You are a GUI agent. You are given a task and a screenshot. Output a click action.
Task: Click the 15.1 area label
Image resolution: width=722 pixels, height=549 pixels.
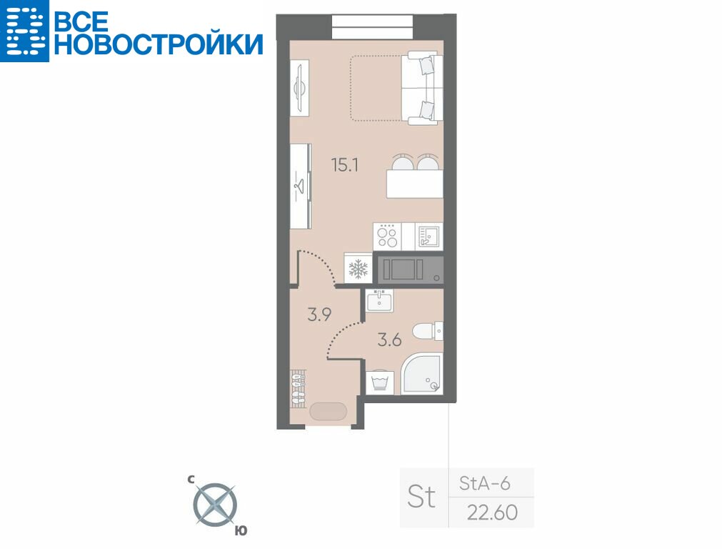tap(345, 164)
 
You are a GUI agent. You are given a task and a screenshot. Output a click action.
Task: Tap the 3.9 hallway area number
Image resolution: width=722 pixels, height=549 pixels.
tap(319, 315)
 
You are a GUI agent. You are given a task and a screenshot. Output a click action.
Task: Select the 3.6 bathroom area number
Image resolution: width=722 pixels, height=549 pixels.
tap(389, 340)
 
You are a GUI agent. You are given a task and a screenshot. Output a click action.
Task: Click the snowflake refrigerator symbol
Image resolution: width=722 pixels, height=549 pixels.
tap(359, 268)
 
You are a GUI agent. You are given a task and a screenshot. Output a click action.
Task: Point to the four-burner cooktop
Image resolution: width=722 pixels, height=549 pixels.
tap(387, 237)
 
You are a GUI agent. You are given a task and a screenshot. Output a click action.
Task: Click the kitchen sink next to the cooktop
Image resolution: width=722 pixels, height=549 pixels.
tap(428, 237)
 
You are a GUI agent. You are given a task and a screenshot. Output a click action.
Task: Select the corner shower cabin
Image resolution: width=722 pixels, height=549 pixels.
tap(422, 374)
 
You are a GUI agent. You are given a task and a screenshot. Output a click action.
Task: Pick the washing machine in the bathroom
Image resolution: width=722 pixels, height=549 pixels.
tap(380, 382)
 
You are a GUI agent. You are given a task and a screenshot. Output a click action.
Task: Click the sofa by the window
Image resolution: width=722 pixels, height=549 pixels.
tap(422, 89)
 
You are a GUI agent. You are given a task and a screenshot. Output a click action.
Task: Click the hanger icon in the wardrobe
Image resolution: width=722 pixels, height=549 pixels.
tap(299, 187)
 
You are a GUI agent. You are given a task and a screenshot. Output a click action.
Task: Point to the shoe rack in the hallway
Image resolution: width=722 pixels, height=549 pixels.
tap(299, 387)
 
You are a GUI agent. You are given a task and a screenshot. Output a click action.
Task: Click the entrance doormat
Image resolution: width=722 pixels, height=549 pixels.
tap(328, 412)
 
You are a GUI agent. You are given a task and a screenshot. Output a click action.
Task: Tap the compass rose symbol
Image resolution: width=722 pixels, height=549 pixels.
tap(214, 505)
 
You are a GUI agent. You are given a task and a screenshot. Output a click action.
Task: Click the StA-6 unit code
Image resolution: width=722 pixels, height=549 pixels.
tap(485, 483)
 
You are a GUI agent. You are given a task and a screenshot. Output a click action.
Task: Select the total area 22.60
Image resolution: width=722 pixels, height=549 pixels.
tap(492, 512)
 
